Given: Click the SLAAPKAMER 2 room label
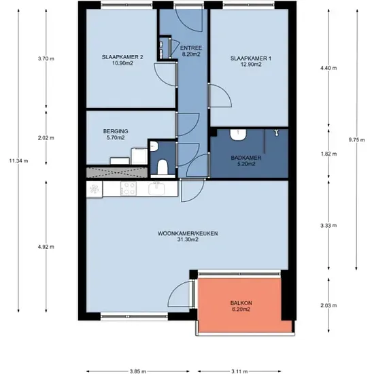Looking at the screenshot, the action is (x=122, y=57).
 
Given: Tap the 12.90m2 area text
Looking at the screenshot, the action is (x=251, y=65).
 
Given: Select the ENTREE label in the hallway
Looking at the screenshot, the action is (x=191, y=48).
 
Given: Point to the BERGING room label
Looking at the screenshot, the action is (x=116, y=131).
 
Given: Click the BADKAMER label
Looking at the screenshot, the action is (x=246, y=158).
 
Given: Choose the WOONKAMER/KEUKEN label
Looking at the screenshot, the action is (x=188, y=233).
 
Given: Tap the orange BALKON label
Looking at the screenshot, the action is (x=241, y=303).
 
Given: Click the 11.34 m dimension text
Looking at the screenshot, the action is (x=18, y=160).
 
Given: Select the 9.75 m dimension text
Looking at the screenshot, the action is (x=357, y=140).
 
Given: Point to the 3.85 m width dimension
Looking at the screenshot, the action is (x=138, y=371).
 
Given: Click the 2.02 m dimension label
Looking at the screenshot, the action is (x=46, y=138).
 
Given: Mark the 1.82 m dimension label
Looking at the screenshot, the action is (x=328, y=154).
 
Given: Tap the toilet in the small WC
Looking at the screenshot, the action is (x=163, y=167).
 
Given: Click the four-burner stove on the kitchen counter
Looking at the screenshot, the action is (x=129, y=188).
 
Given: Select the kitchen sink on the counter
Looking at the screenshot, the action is (x=156, y=188).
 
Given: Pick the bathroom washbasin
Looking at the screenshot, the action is (x=238, y=135).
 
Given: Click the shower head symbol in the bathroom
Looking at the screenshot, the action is (x=277, y=133).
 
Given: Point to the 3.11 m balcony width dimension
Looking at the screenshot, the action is (x=239, y=371).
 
